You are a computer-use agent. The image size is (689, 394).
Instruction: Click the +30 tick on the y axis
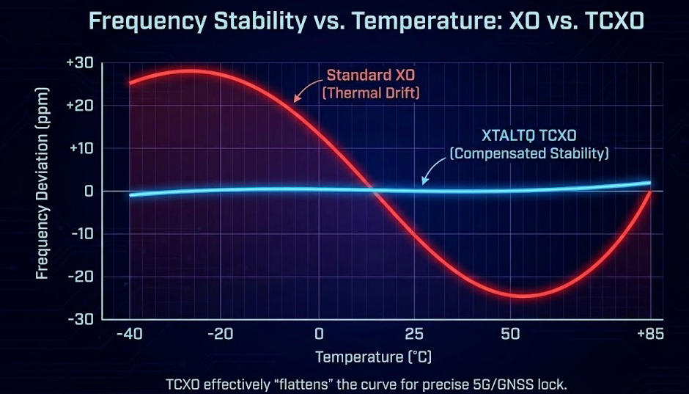point(79,63)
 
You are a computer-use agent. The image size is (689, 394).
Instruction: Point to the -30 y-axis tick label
point(79,319)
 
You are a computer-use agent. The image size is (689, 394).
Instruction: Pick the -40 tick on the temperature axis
point(129,335)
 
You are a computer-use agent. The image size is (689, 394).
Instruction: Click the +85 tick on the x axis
point(649,335)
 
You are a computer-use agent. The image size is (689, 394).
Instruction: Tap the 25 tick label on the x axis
point(415,335)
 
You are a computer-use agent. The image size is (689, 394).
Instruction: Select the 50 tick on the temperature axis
point(511,335)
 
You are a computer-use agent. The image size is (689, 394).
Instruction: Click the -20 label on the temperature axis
point(221,335)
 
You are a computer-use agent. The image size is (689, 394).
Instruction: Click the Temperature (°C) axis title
point(373,357)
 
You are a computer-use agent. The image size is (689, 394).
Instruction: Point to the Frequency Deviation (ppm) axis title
point(43,191)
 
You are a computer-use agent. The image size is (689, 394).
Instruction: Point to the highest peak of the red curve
point(187,71)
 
